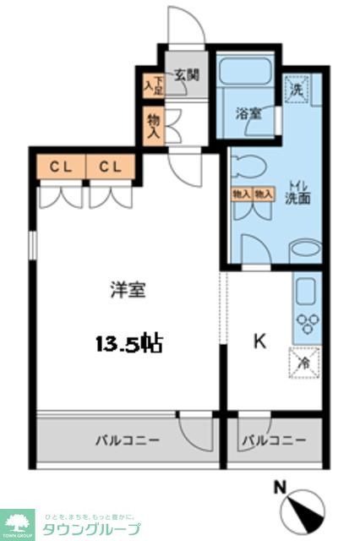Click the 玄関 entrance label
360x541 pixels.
[187, 74]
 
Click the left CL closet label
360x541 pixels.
[58, 167]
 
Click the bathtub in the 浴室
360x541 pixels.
[244, 72]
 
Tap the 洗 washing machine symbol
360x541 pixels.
[297, 87]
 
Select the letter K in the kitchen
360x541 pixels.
[260, 342]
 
